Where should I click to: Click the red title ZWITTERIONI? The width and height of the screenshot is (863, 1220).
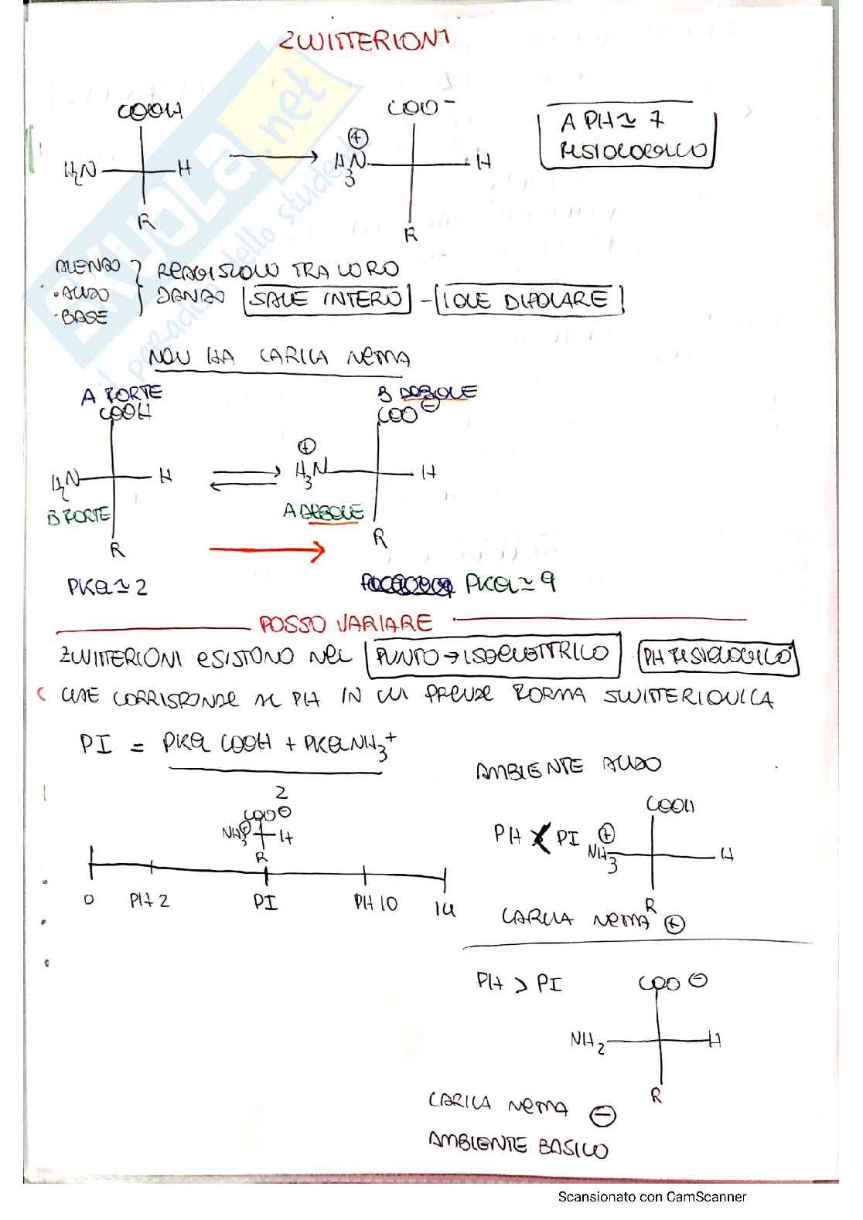363,40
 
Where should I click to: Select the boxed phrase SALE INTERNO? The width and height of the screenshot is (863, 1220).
327,300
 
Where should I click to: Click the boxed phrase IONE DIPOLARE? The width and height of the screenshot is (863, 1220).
530,300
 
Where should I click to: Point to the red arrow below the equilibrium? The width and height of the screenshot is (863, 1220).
267,551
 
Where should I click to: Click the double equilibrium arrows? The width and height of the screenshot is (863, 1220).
245,478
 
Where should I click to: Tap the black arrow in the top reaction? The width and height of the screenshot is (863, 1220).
274,157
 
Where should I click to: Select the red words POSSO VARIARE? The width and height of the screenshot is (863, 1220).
346,624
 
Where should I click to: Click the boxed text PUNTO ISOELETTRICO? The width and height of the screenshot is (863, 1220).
493,656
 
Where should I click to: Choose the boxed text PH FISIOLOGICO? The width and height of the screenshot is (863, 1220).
718,658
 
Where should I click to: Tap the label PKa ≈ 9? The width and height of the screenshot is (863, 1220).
510,583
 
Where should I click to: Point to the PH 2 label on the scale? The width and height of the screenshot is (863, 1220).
149,900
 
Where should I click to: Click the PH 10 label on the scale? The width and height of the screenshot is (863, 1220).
375,902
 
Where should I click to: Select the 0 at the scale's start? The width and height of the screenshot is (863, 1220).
89,899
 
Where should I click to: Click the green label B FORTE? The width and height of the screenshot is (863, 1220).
78,515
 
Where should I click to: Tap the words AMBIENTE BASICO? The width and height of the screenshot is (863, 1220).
518,1147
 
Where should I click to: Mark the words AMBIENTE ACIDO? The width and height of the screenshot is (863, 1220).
568,767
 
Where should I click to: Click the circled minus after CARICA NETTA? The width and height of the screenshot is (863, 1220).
603,1116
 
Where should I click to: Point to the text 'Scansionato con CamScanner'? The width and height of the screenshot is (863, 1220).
652,1197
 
